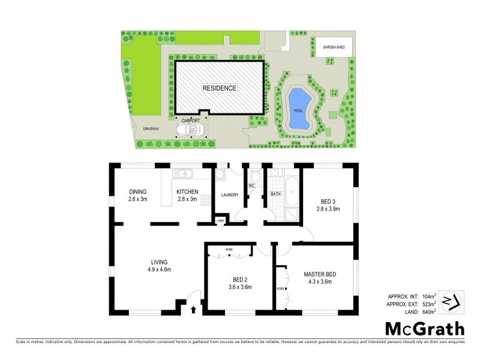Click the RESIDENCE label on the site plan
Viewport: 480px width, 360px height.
click(x=219, y=88)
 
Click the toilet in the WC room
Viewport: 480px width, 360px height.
click(x=255, y=176)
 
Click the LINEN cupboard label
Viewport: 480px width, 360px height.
click(x=221, y=221)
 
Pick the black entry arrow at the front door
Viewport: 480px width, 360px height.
click(x=194, y=310)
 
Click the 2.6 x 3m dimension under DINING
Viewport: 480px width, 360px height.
click(x=137, y=199)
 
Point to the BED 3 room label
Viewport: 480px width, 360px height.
click(x=328, y=201)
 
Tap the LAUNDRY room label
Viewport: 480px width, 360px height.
click(x=229, y=195)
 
